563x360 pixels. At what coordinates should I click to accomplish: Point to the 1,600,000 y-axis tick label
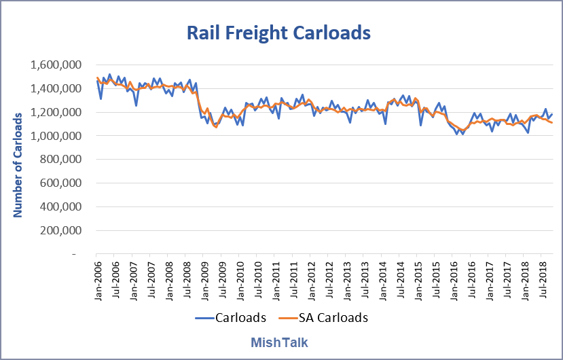(x=57, y=65)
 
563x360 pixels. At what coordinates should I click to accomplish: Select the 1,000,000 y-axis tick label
(x=57, y=136)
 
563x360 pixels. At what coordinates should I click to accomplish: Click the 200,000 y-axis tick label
(x=61, y=230)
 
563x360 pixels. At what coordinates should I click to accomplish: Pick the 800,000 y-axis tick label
(x=61, y=160)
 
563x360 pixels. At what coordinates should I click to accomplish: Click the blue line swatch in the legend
(x=204, y=317)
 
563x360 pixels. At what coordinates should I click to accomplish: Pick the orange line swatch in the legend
(x=289, y=317)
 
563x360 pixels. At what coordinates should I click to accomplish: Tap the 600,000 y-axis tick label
(x=61, y=183)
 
